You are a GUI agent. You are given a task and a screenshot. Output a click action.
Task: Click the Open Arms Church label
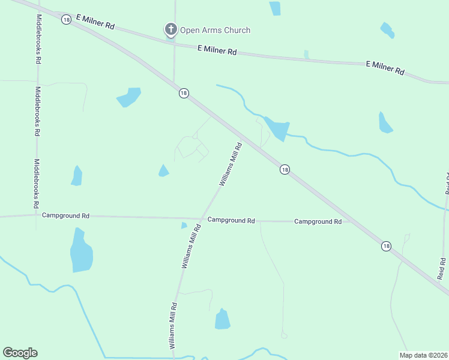pos(215,30)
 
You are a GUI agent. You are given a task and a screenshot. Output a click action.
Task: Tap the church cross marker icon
pos(171,29)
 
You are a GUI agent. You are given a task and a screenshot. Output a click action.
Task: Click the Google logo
pos(20,353)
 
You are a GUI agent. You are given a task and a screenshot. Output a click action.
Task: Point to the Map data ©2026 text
pos(423,355)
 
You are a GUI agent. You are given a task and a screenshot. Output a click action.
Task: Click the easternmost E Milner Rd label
pos(385,67)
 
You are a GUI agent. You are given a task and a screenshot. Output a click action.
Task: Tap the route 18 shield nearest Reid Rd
pos(385,246)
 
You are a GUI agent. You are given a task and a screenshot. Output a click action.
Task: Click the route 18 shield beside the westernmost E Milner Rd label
pos(66,19)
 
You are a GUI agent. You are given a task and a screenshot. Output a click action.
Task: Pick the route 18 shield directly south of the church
pos(184,92)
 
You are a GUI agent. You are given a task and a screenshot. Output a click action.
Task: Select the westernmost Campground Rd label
pos(65,215)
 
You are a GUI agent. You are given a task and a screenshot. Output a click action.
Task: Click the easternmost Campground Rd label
pos(318,221)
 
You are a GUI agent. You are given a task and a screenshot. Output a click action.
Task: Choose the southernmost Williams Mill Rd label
pos(173,326)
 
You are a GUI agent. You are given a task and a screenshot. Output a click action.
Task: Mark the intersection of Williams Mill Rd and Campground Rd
pos(200,218)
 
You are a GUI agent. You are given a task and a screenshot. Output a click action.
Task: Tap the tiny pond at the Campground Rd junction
pos(184,226)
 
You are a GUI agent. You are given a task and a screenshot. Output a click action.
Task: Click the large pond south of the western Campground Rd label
pos(81,251)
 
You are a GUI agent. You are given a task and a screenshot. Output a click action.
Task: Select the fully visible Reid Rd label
pos(442,269)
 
